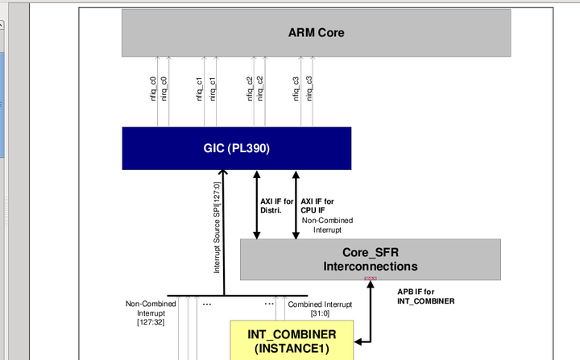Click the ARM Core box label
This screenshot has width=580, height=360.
316,33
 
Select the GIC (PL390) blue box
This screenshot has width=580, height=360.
236,148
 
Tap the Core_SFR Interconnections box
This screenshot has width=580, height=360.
370,259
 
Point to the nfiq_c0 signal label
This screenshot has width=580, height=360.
153,87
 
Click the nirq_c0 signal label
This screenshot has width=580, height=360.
164,87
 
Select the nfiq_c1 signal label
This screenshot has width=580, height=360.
200,87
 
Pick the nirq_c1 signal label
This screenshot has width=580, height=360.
213,87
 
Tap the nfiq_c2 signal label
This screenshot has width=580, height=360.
249,87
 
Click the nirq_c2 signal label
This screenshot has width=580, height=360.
260,87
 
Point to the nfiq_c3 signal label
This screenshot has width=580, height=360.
296,87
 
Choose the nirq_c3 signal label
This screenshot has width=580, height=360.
309,87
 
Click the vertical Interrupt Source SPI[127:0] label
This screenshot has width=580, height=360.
217,228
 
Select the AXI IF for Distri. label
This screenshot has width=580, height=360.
277,206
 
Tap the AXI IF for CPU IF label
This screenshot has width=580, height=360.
317,206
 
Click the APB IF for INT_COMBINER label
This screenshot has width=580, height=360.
426,296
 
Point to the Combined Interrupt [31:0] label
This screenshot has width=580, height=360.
320,308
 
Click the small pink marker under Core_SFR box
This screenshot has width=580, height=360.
371,279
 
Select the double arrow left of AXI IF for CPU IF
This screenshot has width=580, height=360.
296,205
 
